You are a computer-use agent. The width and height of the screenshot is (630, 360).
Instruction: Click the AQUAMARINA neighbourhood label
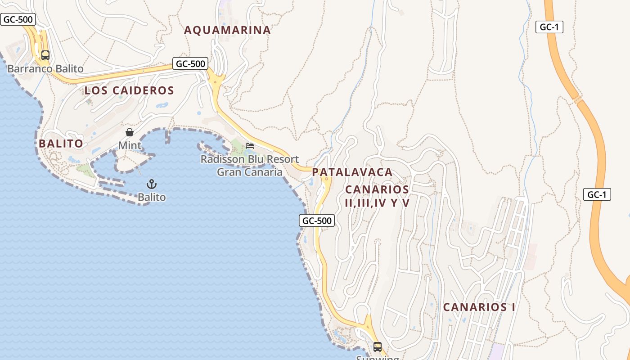pyautogui.click(x=227, y=30)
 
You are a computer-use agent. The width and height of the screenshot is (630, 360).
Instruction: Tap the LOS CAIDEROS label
pyautogui.click(x=129, y=90)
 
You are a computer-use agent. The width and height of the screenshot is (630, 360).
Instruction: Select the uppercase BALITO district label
pyautogui.click(x=61, y=144)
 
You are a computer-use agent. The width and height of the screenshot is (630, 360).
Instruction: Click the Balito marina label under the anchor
pyautogui.click(x=152, y=197)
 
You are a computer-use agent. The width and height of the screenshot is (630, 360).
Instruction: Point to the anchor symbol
pyautogui.click(x=152, y=184)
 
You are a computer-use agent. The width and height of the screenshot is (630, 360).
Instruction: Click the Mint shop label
pyautogui.click(x=130, y=145)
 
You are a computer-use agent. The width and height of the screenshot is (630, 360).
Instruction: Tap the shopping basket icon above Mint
pyautogui.click(x=130, y=132)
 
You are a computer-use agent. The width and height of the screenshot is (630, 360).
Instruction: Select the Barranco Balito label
pyautogui.click(x=45, y=69)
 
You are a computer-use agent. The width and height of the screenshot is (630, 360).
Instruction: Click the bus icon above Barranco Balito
pyautogui.click(x=45, y=55)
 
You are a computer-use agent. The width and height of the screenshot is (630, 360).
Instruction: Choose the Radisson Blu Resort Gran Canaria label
pyautogui.click(x=250, y=166)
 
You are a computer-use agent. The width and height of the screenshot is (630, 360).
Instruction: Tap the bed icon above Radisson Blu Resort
pyautogui.click(x=250, y=145)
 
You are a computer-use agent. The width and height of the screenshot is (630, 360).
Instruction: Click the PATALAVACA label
pyautogui.click(x=352, y=172)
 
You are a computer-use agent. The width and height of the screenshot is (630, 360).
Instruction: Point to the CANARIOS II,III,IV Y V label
pyautogui.click(x=377, y=196)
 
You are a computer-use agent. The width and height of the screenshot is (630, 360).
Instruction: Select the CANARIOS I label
pyautogui.click(x=479, y=307)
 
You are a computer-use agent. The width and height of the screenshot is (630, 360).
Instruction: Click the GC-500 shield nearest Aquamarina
pyautogui.click(x=191, y=64)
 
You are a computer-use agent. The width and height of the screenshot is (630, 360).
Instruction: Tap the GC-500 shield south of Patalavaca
pyautogui.click(x=317, y=220)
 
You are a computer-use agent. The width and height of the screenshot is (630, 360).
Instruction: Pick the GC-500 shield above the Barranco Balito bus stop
pyautogui.click(x=17, y=19)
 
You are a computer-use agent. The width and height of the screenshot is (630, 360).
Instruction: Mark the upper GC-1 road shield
pyautogui.click(x=549, y=27)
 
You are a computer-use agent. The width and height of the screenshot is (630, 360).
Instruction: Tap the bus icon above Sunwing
pyautogui.click(x=378, y=347)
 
